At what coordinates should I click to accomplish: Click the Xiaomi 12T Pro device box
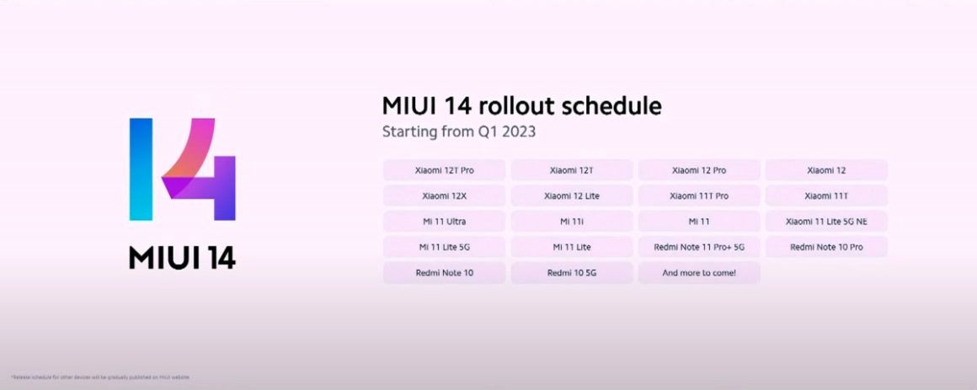[x=444, y=170]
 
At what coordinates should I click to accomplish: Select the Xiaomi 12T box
[x=572, y=170]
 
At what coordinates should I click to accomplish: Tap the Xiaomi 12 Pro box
[x=699, y=170]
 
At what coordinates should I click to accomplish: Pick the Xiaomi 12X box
[x=444, y=196]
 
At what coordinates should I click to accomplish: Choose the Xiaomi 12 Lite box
[x=572, y=196]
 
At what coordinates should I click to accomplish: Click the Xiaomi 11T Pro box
[x=699, y=196]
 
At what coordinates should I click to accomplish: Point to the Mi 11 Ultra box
[x=444, y=222]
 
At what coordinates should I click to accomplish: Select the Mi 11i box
[x=572, y=222]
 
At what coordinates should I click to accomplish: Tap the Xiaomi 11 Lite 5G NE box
[x=826, y=222]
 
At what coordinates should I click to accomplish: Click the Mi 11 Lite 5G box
[x=444, y=248]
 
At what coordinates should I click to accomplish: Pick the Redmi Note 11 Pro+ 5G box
[x=699, y=248]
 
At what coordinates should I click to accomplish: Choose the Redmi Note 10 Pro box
[x=826, y=248]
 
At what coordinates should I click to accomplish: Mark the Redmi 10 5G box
[x=572, y=273]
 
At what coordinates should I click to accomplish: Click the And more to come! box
[x=699, y=273]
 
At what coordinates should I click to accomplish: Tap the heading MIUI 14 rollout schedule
[x=521, y=106]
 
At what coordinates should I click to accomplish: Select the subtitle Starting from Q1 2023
[x=459, y=131]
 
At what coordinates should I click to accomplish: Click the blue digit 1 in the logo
[x=141, y=169]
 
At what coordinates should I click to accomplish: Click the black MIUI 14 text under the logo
[x=182, y=257]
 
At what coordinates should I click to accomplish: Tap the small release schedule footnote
[x=100, y=377]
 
